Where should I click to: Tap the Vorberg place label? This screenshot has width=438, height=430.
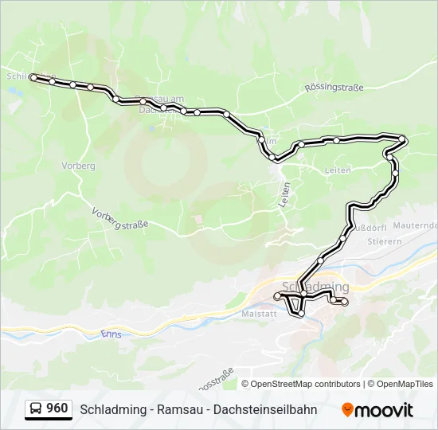tap(78, 166)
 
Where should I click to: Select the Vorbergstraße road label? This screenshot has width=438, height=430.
tap(120, 220)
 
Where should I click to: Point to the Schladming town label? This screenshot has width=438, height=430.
tap(316, 287)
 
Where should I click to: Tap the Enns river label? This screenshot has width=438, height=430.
tap(111, 334)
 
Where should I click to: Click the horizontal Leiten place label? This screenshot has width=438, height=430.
tap(338, 170)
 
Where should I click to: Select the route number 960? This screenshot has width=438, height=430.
tap(57, 408)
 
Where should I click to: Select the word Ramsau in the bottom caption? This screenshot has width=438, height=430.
tap(178, 409)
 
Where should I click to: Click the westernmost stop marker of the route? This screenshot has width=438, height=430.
tap(33, 77)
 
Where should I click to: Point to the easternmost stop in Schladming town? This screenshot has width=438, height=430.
tap(345, 302)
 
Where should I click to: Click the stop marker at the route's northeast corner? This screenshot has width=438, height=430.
tap(403, 140)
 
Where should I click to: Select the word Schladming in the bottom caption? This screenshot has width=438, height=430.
tap(112, 409)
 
